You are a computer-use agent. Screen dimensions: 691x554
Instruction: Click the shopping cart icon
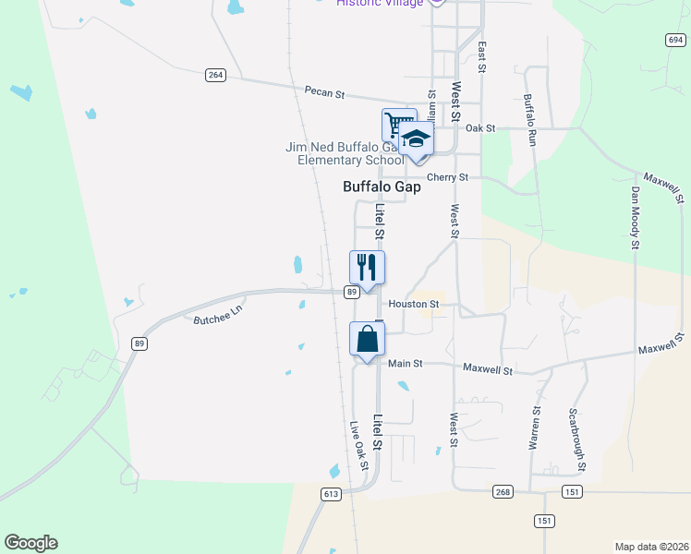pyautogui.click(x=398, y=124)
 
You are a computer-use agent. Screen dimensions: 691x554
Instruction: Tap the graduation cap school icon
pyautogui.click(x=417, y=138)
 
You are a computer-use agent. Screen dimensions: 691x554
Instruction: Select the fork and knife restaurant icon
pyautogui.click(x=367, y=268)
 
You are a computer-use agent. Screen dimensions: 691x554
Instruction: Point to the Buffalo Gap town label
pyautogui.click(x=382, y=187)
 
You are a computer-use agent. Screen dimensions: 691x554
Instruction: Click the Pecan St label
pyautogui.click(x=324, y=92)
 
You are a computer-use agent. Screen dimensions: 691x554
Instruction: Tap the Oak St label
pyautogui.click(x=480, y=128)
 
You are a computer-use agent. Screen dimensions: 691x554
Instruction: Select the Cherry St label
pyautogui.click(x=447, y=177)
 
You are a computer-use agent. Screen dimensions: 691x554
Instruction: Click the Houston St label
pyautogui.click(x=412, y=303)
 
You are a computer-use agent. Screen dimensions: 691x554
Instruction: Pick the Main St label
pyautogui.click(x=405, y=364)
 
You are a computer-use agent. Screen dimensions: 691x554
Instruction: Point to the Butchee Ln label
pyautogui.click(x=216, y=315)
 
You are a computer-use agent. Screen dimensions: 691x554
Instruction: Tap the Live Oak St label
pyautogui.click(x=359, y=446)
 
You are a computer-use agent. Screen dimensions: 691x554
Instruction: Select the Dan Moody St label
pyautogui.click(x=635, y=218)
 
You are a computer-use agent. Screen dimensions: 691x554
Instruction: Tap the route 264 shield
pyautogui.click(x=215, y=75)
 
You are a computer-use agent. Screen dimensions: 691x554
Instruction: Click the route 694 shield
pyautogui.click(x=674, y=40)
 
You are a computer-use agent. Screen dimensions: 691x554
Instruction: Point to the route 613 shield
pyautogui.click(x=331, y=494)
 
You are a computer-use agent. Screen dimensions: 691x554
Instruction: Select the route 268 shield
pyautogui.click(x=502, y=491)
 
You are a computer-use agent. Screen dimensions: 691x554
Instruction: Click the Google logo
pyautogui.click(x=30, y=543)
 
